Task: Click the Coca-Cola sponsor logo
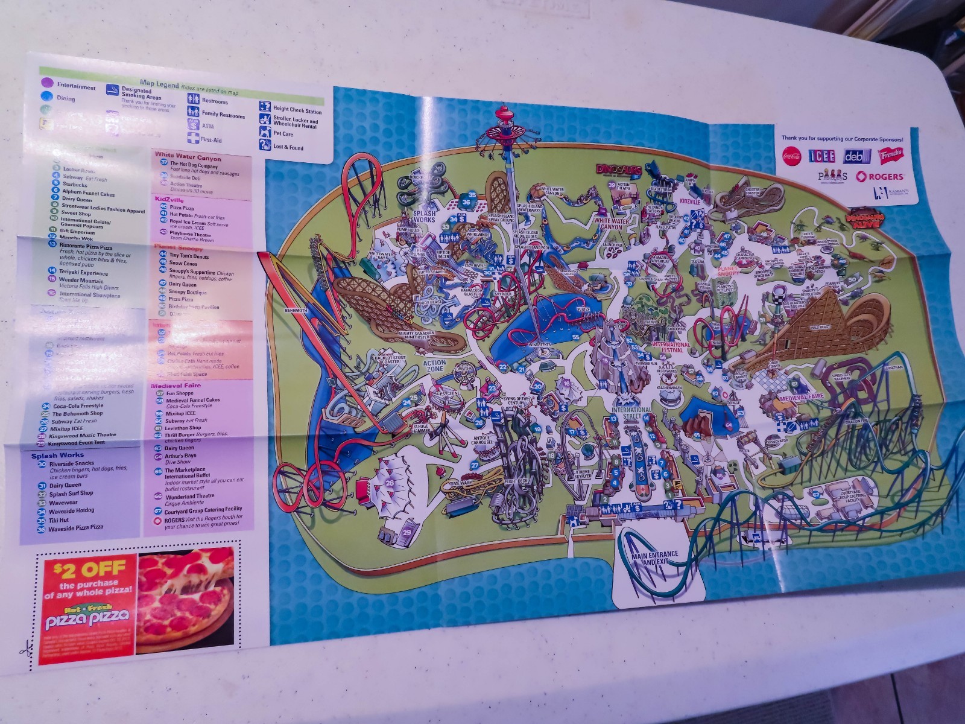point(793,154)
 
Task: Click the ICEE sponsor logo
point(821,156)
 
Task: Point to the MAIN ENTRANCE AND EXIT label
point(654,557)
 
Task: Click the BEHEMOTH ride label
point(296,310)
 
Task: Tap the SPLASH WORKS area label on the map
point(425,216)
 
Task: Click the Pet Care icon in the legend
point(265,132)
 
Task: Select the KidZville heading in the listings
point(169,200)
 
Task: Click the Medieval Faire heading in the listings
point(176,385)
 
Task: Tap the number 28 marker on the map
point(390,482)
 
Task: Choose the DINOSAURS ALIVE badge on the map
point(864,219)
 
